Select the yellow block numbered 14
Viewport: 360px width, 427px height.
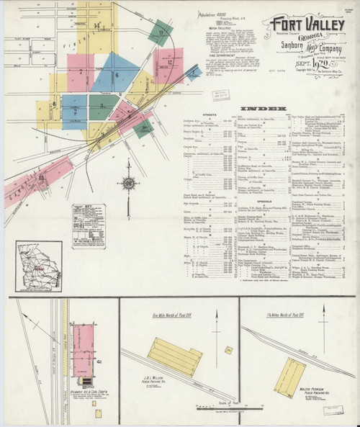(x=97, y=29)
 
